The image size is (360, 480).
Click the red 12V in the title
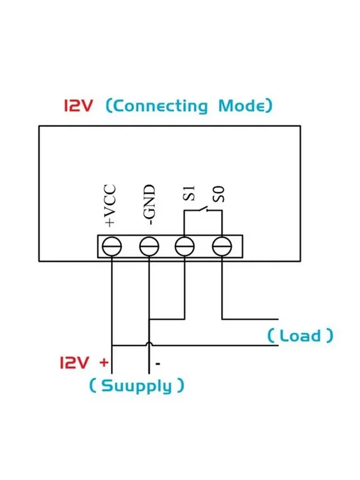tap(77, 105)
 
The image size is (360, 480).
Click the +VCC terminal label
tap(110, 205)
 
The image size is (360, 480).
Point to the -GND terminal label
tap(149, 204)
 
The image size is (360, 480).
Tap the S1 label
tap(189, 193)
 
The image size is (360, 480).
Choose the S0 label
tap(219, 195)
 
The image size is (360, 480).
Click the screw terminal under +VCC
tap(112, 246)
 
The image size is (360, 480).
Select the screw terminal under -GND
tap(149, 246)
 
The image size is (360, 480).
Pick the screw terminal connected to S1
tap(185, 246)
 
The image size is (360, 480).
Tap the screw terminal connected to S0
tap(222, 246)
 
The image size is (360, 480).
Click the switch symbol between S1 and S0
tap(202, 209)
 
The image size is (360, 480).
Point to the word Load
tap(300, 336)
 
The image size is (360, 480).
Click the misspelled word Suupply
tap(136, 386)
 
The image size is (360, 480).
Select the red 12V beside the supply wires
tap(74, 363)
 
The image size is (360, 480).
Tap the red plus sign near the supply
tap(104, 363)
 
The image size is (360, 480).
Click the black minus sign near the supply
tap(158, 363)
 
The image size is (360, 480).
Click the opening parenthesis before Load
tap(271, 336)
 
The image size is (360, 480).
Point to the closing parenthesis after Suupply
tap(181, 386)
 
